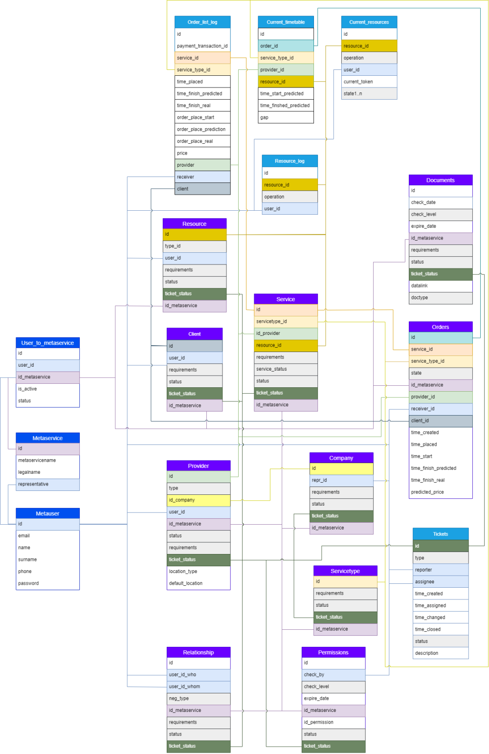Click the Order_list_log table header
202,22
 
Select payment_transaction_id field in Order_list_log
202,46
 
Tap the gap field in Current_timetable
286,117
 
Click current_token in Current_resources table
369,82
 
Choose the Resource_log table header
289,161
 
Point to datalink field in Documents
440,286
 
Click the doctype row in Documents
440,297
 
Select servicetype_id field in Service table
286,321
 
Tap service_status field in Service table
286,369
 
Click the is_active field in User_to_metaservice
47,389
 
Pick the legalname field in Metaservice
47,472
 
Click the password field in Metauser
47,583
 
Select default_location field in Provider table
198,583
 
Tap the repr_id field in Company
341,480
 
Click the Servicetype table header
345,571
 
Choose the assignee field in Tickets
440,582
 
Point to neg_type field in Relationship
198,698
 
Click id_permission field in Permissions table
333,722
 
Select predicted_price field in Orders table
440,492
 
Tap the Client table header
195,334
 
